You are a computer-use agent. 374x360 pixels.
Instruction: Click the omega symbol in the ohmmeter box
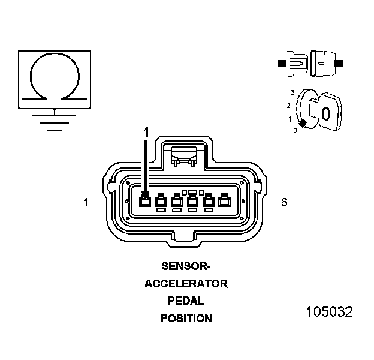55,78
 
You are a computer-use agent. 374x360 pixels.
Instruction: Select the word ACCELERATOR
186,284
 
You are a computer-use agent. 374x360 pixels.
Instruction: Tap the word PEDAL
186,301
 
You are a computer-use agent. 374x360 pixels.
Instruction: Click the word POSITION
186,319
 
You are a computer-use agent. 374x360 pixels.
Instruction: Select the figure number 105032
329,312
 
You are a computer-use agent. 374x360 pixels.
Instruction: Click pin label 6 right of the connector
284,203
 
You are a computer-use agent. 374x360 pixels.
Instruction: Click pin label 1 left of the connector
86,203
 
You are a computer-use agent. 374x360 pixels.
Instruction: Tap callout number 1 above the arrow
145,130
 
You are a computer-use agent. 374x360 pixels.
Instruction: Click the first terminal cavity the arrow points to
145,202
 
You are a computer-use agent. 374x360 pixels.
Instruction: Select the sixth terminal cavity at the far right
224,202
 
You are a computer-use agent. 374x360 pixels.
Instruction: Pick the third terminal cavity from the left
177,202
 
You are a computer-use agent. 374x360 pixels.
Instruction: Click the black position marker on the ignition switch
303,123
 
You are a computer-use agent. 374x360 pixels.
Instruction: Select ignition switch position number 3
292,92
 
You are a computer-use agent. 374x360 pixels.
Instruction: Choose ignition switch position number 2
288,106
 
